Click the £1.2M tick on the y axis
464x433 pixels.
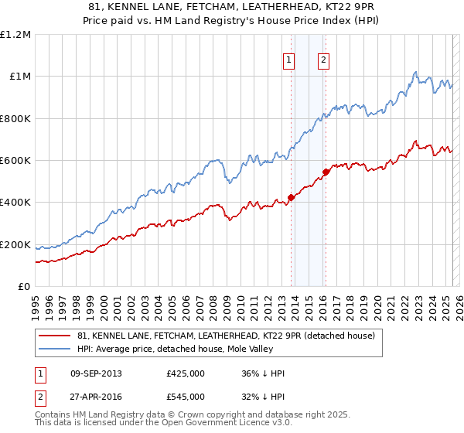[x=15, y=34]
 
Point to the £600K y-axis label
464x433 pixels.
[x=15, y=161]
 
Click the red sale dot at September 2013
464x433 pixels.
[x=291, y=197]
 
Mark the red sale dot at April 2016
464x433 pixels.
[x=326, y=172]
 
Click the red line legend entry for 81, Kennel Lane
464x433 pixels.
[x=226, y=336]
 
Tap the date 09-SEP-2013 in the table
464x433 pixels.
[x=96, y=373]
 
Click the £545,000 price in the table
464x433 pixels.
[x=186, y=396]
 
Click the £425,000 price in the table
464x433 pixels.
[x=186, y=373]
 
